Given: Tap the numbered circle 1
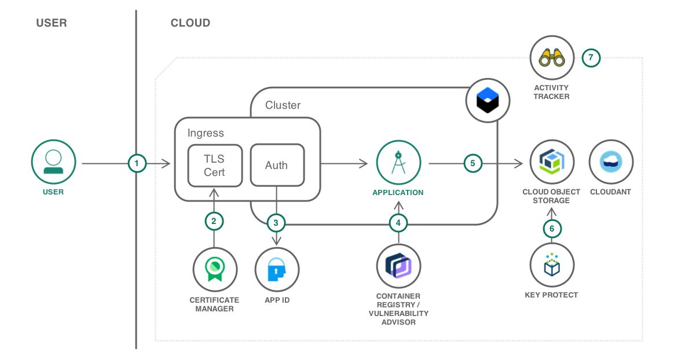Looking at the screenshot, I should coord(137,164).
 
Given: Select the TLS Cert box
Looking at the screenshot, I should coord(214,165).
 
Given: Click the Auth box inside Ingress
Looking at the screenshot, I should coord(276,165).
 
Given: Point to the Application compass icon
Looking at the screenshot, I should coord(398,163).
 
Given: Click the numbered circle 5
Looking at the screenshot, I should coord(472,164).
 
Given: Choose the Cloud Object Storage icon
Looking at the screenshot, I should coord(552,163).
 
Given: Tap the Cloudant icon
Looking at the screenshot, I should coord(611,162).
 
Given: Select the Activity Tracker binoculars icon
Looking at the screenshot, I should coord(552,58).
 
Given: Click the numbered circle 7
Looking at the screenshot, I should coord(591,58).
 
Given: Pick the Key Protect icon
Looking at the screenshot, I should coord(552,266).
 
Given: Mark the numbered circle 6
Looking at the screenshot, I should coord(552,229).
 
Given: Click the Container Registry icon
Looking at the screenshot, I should coord(398,266).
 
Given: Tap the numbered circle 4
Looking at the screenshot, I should coord(398,222).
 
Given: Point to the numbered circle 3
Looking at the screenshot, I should coord(276,222).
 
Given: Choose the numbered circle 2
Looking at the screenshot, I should coord(214,221).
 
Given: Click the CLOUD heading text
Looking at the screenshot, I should coord(190,23).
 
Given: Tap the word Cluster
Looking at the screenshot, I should coord(283,105).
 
